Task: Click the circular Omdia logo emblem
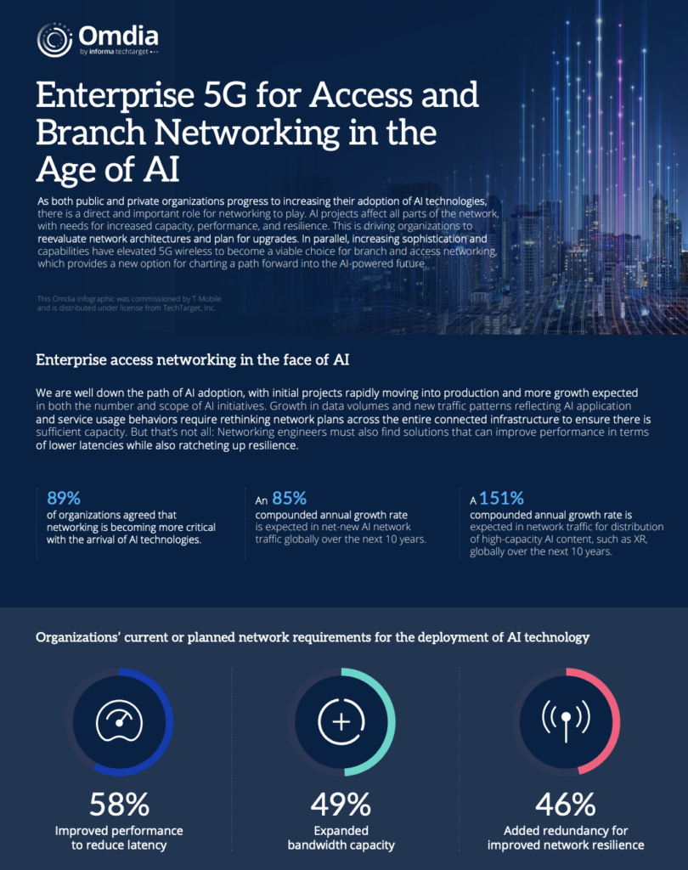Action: point(54,40)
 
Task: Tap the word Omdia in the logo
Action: point(118,36)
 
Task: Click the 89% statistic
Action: point(64,498)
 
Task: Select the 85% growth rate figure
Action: point(290,498)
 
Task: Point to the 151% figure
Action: point(502,498)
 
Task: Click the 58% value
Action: point(119,804)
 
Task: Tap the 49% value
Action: point(341,804)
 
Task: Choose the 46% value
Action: point(566,804)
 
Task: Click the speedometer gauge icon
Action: point(119,720)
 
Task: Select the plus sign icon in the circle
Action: point(341,722)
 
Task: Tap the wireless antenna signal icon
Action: point(566,720)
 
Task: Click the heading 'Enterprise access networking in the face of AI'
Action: point(193,360)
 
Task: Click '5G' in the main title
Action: point(225,95)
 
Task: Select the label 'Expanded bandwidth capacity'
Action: point(341,838)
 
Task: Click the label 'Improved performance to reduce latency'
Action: point(119,838)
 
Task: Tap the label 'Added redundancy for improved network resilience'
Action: point(566,838)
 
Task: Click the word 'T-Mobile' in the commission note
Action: point(206,298)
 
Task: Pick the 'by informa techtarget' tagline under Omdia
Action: point(119,52)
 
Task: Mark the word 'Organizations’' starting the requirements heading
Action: point(77,637)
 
